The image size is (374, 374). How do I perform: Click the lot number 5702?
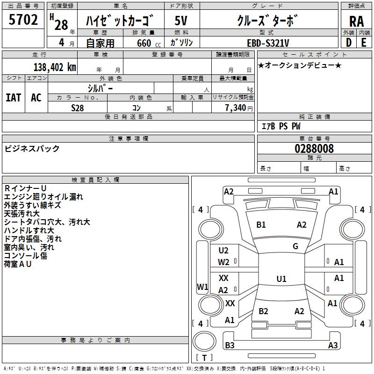[23, 20]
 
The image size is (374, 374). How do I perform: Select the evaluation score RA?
[356, 22]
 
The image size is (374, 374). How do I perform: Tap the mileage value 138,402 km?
[55, 67]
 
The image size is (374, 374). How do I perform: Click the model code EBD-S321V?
[268, 43]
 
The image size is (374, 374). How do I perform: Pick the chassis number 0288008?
[314, 149]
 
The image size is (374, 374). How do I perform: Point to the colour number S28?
[78, 108]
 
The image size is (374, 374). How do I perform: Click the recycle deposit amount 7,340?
[236, 108]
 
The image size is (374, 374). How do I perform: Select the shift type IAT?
[14, 98]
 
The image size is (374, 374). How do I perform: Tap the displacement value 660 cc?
[149, 43]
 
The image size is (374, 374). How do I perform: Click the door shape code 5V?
[181, 21]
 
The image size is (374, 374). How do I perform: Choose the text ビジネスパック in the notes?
[32, 149]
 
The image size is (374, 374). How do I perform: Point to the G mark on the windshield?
[295, 246]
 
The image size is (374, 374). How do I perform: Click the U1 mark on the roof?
[281, 279]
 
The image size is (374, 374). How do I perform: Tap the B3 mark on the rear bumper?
[230, 345]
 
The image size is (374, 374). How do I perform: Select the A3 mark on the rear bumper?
[333, 345]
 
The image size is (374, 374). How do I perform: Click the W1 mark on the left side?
[202, 287]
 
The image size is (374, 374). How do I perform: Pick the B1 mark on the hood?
[261, 225]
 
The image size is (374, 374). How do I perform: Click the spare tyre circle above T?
[204, 341]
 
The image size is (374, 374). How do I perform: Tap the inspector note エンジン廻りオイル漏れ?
[43, 197]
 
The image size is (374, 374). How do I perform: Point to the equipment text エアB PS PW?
[281, 126]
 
